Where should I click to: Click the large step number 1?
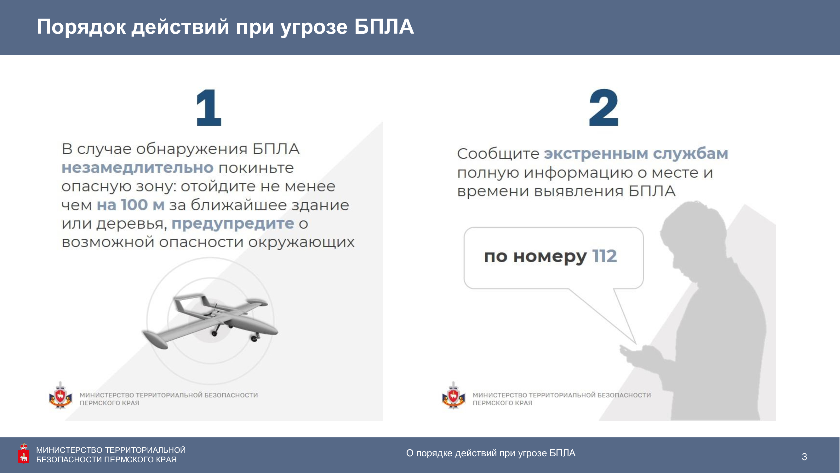click(209, 108)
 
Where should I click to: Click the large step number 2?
click(603, 108)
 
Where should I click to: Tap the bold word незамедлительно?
click(138, 167)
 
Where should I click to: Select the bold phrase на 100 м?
click(130, 205)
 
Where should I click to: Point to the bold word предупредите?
click(233, 224)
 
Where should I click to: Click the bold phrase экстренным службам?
click(636, 154)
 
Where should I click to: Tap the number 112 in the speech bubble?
click(604, 256)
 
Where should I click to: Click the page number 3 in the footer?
click(804, 457)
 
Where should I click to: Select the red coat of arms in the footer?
click(24, 453)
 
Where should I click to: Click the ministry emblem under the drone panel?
click(60, 395)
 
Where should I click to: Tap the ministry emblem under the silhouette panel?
click(453, 395)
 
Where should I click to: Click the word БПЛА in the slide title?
click(384, 27)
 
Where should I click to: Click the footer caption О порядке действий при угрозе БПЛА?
click(491, 453)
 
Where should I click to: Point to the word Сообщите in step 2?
click(498, 154)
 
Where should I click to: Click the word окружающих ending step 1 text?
click(301, 242)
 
